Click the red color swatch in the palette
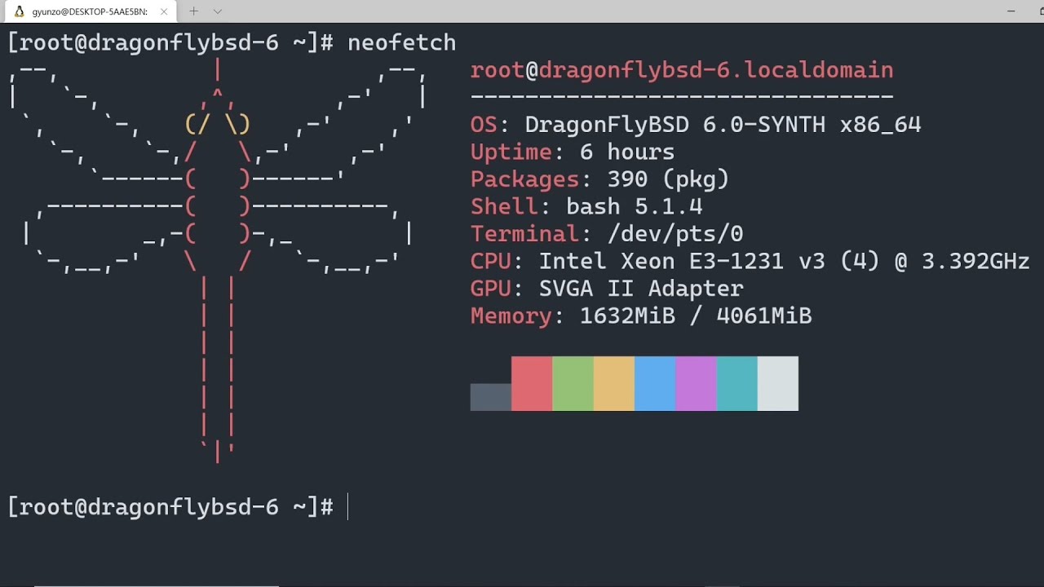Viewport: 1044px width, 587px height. tap(532, 383)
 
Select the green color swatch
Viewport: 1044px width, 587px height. tap(573, 383)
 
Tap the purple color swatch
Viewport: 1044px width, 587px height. tap(696, 383)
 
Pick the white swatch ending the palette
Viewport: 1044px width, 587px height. tap(778, 383)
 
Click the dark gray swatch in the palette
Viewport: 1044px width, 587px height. tap(490, 397)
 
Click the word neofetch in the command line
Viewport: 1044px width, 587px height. tap(401, 42)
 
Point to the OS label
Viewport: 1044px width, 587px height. tap(484, 125)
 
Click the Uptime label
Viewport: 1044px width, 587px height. tap(511, 152)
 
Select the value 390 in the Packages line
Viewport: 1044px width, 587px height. tap(627, 179)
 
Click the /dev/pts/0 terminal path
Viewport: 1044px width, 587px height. tap(675, 234)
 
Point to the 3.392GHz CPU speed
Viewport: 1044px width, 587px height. tap(975, 262)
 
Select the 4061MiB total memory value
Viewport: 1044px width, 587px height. tap(763, 316)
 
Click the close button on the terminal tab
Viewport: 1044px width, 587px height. tap(164, 11)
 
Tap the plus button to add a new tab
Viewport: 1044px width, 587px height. tap(193, 11)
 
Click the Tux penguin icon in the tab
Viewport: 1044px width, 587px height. tap(19, 11)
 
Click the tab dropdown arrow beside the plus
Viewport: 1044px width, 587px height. tap(217, 11)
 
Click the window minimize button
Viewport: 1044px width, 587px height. tap(1011, 11)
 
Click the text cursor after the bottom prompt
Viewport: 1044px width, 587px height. tap(348, 507)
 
